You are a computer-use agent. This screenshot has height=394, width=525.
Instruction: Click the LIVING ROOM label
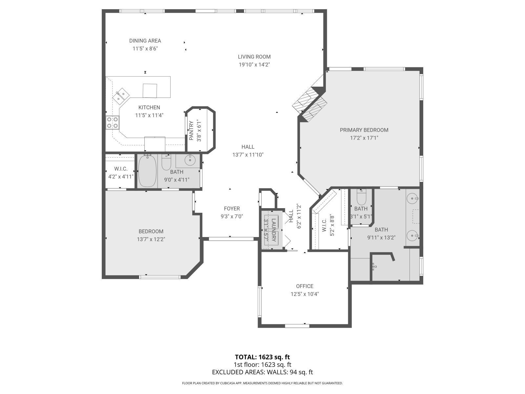click(254, 57)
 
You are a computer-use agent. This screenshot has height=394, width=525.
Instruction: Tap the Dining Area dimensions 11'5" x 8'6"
click(145, 49)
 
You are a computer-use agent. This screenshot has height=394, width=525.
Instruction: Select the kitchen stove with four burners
click(112, 122)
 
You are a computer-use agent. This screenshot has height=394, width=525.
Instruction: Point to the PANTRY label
click(191, 131)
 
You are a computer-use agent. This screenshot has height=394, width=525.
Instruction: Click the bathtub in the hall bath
click(147, 171)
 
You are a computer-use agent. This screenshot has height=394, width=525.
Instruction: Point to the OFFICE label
click(304, 286)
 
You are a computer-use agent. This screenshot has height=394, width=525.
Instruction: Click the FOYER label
click(232, 208)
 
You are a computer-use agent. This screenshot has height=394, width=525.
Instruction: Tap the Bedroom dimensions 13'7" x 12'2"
click(151, 239)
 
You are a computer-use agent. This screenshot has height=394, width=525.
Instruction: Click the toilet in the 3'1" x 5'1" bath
click(361, 197)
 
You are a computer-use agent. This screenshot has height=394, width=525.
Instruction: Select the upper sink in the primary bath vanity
click(412, 198)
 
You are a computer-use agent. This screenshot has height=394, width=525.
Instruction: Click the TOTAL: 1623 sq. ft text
click(262, 357)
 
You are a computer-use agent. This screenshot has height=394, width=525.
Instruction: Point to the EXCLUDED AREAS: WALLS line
click(262, 372)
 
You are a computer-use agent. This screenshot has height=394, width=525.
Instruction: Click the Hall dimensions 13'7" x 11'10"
click(248, 155)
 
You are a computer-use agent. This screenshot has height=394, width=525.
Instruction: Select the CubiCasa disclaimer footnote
click(262, 383)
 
